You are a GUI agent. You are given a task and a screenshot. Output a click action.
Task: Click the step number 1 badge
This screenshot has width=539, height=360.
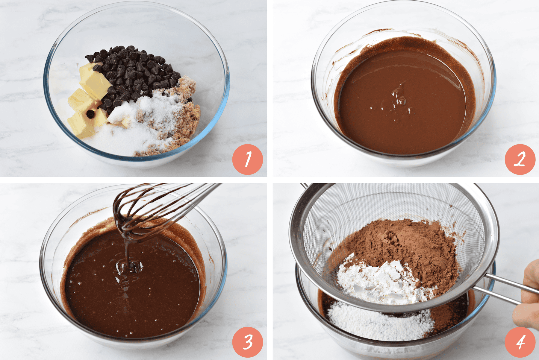248,160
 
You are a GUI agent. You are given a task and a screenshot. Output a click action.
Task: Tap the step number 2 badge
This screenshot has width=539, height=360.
520,160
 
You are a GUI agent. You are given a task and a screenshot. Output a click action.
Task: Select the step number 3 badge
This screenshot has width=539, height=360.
248,342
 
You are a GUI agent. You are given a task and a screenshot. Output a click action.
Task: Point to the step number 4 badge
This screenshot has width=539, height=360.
520,342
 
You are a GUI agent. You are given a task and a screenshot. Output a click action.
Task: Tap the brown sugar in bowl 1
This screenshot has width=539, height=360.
183,120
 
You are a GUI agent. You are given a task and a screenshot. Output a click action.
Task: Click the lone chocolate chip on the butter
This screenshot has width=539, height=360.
90,114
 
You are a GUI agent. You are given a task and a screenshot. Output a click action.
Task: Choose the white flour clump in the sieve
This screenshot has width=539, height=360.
380,281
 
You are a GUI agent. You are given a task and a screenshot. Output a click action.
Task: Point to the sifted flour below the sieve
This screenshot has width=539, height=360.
380,322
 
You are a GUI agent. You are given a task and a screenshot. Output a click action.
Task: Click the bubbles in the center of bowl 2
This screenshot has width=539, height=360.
395,102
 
